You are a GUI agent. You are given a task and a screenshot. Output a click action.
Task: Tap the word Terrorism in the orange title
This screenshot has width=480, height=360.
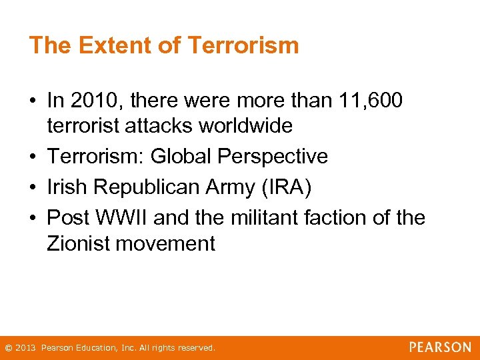243,45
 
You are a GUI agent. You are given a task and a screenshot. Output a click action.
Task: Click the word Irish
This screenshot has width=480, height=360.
68,187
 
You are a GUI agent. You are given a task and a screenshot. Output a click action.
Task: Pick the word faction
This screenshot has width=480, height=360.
339,218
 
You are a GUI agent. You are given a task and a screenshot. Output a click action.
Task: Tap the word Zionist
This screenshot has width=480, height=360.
79,243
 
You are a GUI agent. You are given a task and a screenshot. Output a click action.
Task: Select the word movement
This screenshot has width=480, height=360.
165,243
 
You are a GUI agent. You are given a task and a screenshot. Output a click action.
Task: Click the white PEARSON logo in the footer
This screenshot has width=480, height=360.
440,347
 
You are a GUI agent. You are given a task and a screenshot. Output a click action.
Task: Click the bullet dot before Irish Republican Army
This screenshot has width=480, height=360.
34,188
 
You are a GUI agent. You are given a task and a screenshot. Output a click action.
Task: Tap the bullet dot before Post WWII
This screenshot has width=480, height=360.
34,219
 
